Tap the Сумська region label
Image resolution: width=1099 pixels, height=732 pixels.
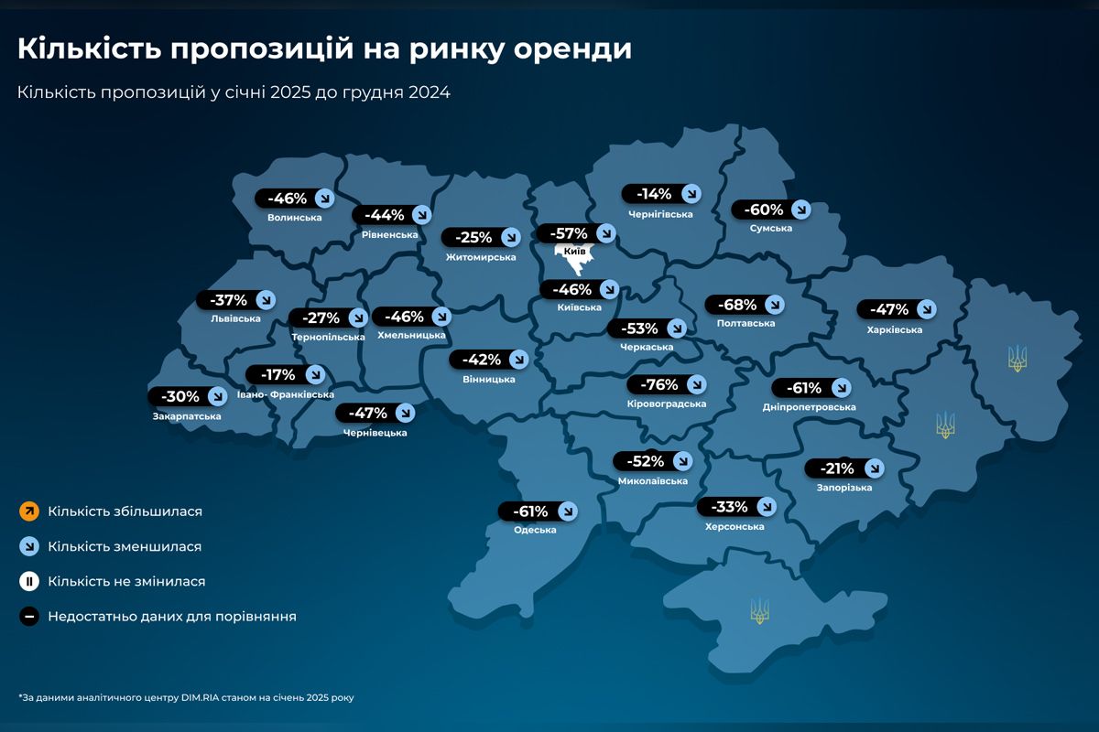point(770,228)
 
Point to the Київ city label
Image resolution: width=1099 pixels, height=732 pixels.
point(575,251)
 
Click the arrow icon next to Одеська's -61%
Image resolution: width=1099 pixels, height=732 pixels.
point(567,511)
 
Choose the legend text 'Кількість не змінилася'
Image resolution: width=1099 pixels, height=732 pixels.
point(126,581)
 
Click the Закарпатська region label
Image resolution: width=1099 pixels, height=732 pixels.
point(187,416)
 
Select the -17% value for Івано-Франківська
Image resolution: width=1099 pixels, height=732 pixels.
point(277,374)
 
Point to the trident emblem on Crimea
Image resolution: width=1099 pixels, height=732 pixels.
point(759,609)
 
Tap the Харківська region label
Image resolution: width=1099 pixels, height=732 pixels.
point(894,329)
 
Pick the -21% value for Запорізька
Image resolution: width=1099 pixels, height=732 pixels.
point(835,468)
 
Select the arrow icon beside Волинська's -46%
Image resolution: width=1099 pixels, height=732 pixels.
point(324,199)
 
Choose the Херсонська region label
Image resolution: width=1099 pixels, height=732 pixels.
point(734,526)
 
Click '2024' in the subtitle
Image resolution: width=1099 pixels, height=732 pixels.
point(429,92)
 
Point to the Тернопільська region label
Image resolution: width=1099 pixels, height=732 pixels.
point(328,338)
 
